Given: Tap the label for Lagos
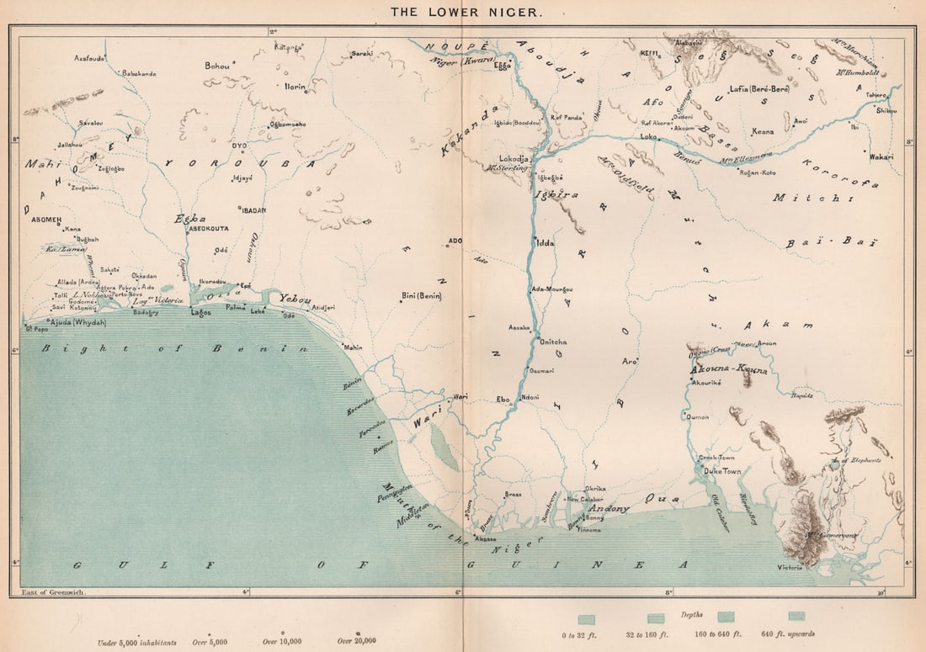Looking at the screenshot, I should click(x=201, y=312).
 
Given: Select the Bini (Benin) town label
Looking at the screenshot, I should click(x=423, y=296).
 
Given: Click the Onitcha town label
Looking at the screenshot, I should click(x=551, y=342).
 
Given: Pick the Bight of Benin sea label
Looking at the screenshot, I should click(x=175, y=348).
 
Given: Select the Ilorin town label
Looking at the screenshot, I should click(x=295, y=87).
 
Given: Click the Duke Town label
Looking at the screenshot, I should click(x=722, y=472).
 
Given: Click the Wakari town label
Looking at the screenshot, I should click(x=881, y=156).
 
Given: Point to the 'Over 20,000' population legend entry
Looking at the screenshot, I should click(x=356, y=641).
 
